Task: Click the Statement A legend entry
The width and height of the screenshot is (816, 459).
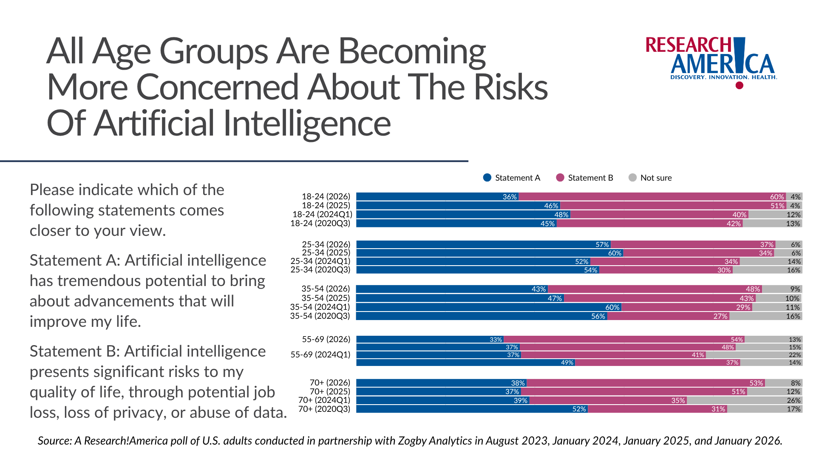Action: coord(512,178)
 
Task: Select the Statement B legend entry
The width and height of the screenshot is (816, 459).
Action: coord(585,178)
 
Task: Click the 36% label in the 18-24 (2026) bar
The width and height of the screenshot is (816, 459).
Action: coord(510,197)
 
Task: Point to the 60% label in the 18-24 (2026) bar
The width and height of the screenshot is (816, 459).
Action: coord(777,197)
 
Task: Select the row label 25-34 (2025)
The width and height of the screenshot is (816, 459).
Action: coord(326,253)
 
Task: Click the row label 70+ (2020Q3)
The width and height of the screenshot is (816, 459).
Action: coord(324,409)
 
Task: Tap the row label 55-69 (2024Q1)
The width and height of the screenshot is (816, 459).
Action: coord(320,354)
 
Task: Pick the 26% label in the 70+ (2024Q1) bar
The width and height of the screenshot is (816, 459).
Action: coord(793,400)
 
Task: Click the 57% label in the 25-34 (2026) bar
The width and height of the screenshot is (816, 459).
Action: coord(602,244)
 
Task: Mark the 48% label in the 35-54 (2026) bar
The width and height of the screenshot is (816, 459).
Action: coord(753,289)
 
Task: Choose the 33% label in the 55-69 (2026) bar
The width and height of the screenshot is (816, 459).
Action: coord(496,340)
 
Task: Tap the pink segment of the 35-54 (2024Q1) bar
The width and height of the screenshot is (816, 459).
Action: coord(680,307)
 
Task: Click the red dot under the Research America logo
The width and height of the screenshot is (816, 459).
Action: coord(739,85)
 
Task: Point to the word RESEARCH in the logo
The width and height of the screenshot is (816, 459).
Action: coord(688,45)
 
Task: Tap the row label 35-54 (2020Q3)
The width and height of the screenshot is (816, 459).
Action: coord(320,316)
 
